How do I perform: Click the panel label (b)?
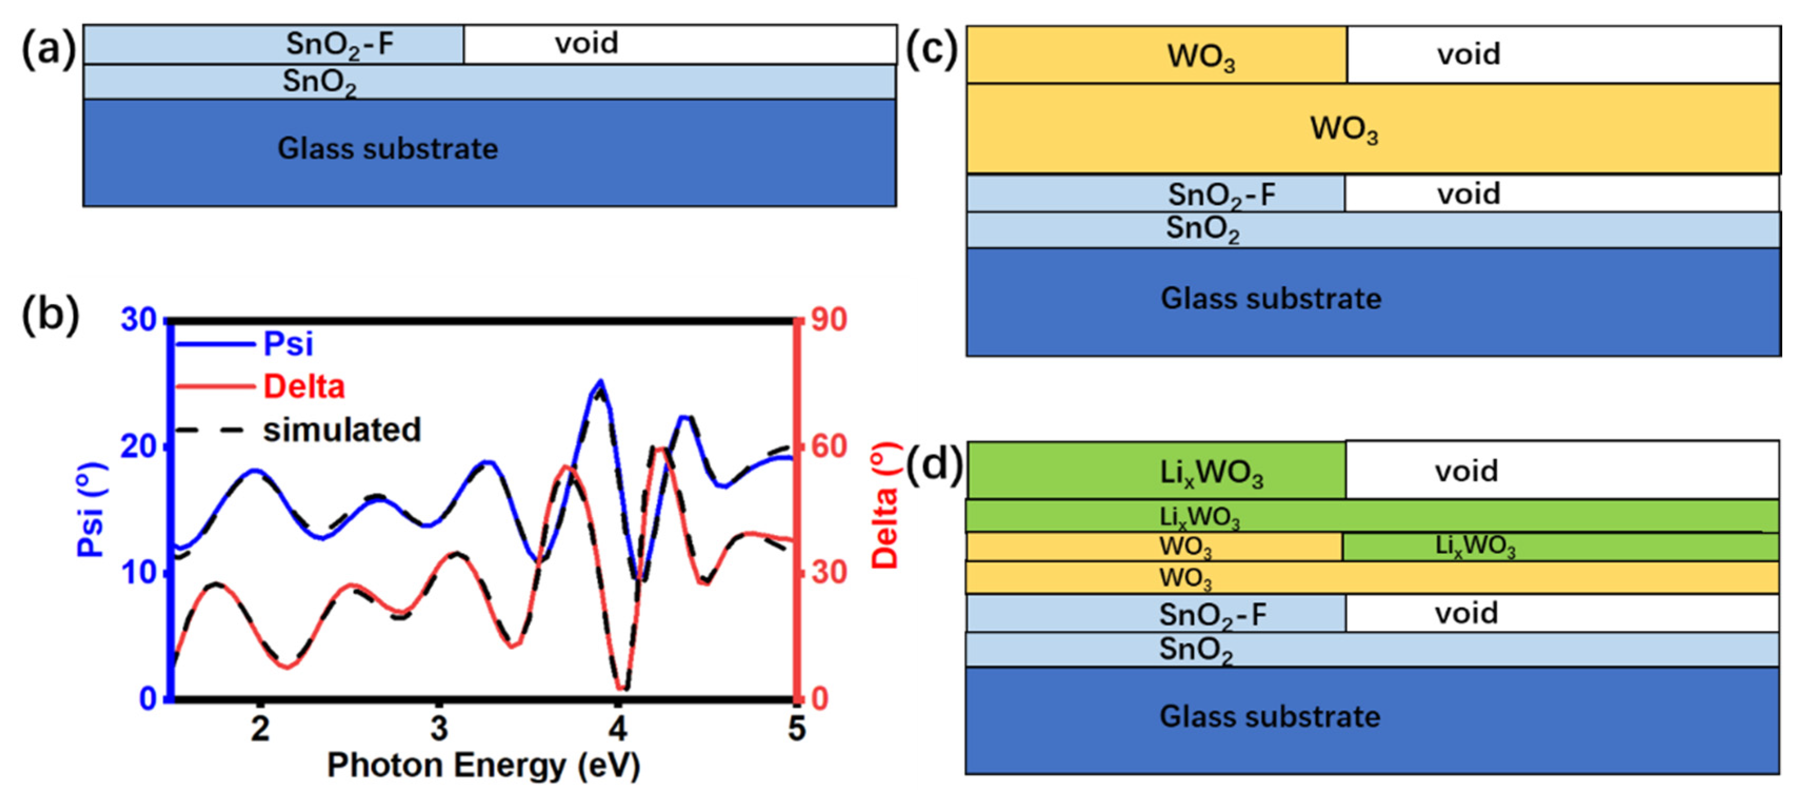[x=50, y=315]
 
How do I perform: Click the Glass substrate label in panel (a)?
[x=388, y=148]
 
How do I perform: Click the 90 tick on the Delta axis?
[x=829, y=320]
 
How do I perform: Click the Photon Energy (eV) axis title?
[x=484, y=765]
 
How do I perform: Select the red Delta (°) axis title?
[x=885, y=506]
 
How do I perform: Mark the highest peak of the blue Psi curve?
[x=600, y=381]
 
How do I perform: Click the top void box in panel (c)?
[x=1563, y=54]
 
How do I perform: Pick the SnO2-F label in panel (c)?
[x=1221, y=195]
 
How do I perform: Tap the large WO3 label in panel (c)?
[x=1343, y=129]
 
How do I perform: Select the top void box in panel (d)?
[x=1561, y=470]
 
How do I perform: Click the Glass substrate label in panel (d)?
[x=1270, y=717]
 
